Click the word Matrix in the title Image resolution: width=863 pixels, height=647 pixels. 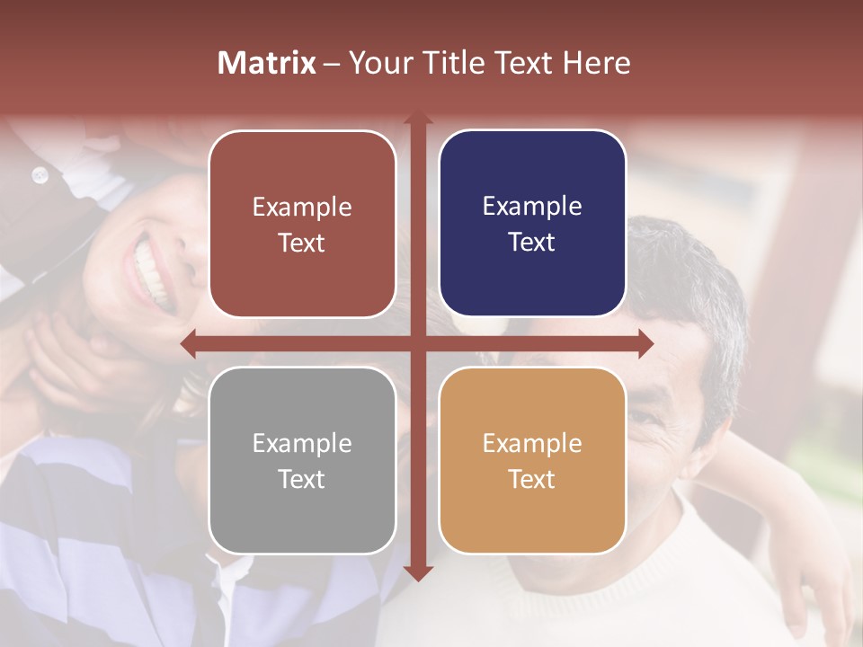(267, 63)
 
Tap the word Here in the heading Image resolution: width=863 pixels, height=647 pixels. (596, 63)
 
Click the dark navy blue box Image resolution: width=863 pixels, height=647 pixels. (532, 224)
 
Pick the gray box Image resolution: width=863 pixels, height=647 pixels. (302, 460)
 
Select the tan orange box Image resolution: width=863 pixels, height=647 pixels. (532, 460)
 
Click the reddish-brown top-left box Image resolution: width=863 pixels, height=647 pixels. (302, 224)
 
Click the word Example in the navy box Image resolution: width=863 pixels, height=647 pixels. (532, 207)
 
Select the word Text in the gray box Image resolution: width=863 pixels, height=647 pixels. (302, 479)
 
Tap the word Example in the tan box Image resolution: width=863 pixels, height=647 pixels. (532, 443)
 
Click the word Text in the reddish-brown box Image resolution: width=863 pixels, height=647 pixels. (302, 243)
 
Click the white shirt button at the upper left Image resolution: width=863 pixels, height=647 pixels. (40, 175)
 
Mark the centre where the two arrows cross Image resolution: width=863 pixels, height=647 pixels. (417, 344)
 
